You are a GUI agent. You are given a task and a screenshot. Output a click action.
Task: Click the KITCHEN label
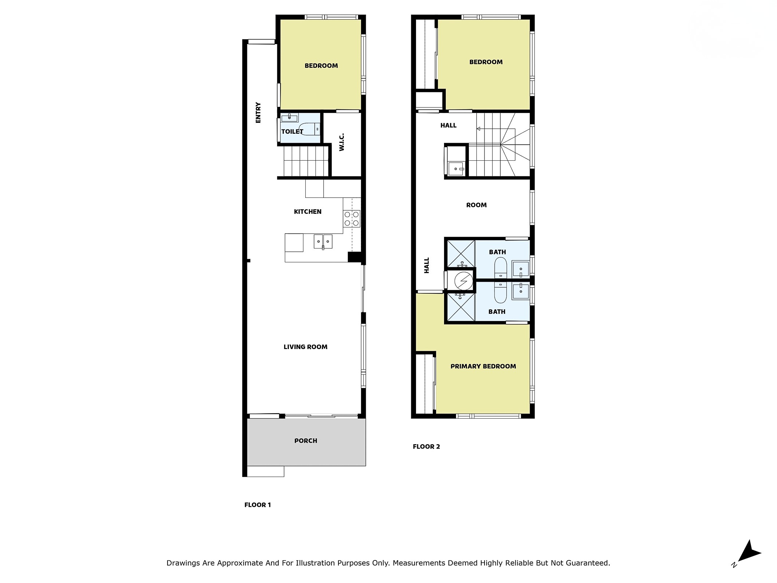[307, 212]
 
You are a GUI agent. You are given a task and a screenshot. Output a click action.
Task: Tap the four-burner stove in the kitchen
[352, 219]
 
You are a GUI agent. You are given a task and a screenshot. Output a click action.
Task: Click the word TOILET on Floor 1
[292, 132]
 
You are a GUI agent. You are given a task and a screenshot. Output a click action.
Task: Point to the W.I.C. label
[342, 142]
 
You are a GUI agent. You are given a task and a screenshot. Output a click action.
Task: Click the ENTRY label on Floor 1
[258, 113]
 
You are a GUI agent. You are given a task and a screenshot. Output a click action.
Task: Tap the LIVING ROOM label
[306, 347]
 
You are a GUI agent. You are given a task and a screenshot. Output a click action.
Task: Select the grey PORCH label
[306, 441]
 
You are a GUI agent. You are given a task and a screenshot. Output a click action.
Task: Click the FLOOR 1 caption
[258, 505]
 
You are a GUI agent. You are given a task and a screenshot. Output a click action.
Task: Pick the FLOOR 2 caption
[426, 447]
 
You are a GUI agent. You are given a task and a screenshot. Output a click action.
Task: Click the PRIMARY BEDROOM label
[483, 367]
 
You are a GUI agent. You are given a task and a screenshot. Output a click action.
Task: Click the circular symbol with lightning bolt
[464, 281]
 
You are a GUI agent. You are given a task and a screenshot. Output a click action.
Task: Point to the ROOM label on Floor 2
[476, 205]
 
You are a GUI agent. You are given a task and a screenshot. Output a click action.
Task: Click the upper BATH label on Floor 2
[497, 252]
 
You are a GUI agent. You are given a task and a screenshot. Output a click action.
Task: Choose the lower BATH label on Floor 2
[497, 312]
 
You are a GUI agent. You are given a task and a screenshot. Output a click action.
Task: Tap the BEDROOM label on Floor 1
[321, 66]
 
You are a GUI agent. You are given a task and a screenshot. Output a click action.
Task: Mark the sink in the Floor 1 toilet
[290, 117]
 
